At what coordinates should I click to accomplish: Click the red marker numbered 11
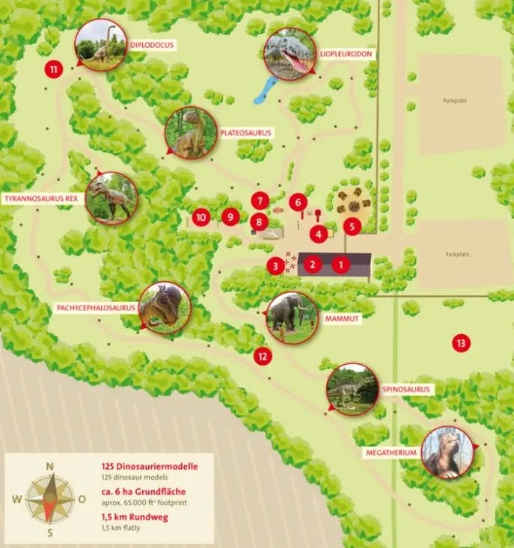[x=53, y=70]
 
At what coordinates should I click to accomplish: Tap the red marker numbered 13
[x=462, y=343]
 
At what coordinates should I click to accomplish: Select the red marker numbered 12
[x=262, y=357]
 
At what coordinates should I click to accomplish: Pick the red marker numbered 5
[x=352, y=226]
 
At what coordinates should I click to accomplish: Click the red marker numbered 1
[x=341, y=264]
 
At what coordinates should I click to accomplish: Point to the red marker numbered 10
[x=200, y=218]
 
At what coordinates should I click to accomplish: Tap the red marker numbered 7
[x=260, y=200]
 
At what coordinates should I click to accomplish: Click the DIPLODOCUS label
[x=152, y=45]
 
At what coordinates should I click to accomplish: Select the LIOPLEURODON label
[x=346, y=54]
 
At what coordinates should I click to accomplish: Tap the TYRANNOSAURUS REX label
[x=41, y=199]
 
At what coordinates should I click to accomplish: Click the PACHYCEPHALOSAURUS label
[x=95, y=307]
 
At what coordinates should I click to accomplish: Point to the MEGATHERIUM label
[x=392, y=453]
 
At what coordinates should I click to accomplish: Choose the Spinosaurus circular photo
[x=352, y=389]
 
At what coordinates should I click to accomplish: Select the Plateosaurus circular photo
[x=190, y=132]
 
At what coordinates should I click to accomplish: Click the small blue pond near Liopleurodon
[x=266, y=90]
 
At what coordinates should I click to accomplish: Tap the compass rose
[x=50, y=499]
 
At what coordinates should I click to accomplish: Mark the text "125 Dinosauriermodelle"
[x=150, y=467]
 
